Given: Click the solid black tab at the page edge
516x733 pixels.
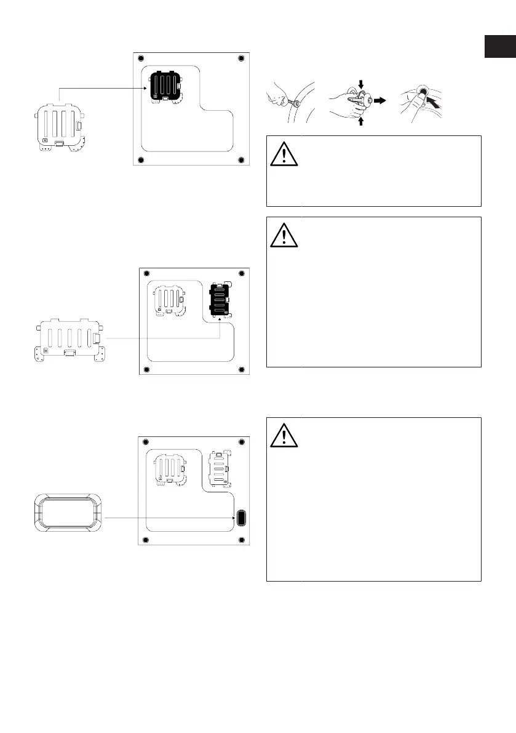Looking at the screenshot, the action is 499,47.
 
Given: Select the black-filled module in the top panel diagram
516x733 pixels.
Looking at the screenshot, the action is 165,86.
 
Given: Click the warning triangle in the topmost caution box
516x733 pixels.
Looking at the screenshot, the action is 283,153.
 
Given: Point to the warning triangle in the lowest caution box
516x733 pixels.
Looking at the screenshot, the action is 283,435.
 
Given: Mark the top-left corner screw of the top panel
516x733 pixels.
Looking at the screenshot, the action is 141,58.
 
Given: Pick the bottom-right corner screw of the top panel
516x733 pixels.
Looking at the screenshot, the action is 240,161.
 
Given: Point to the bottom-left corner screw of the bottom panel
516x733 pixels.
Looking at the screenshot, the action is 146,540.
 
